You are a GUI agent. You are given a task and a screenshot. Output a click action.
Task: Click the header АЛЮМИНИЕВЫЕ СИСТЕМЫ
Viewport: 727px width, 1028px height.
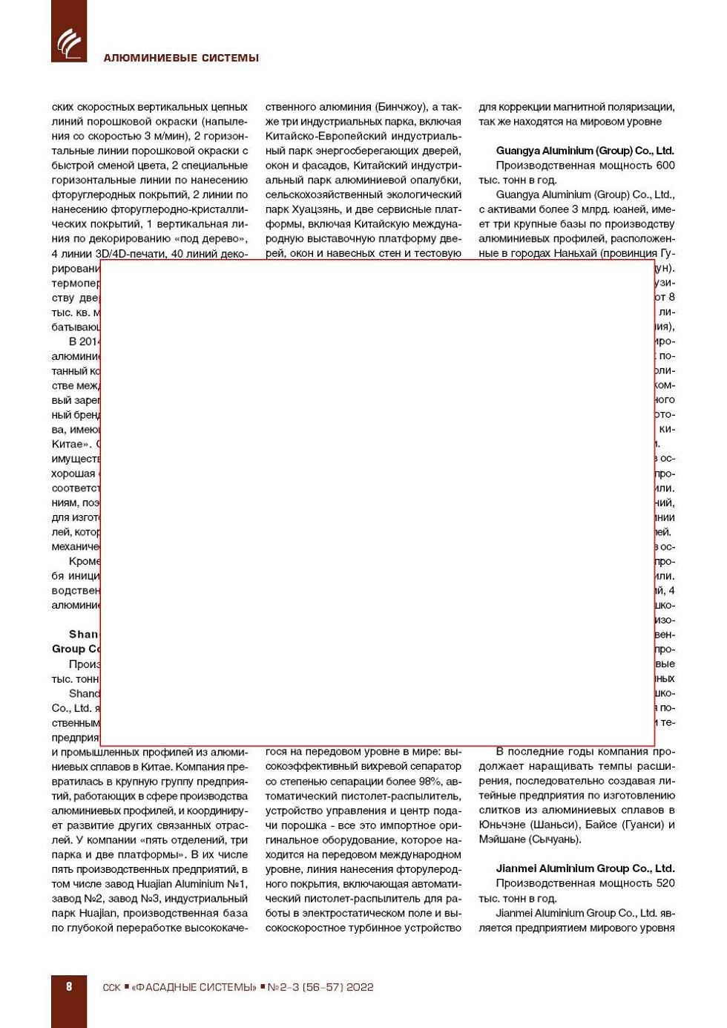point(181,58)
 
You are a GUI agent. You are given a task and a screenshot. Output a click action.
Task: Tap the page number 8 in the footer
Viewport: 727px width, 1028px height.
point(69,986)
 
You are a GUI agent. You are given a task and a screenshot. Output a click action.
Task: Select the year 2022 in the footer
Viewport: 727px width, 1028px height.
point(360,987)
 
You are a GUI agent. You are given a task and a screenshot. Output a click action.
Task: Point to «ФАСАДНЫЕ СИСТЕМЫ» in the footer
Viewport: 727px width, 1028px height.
point(194,987)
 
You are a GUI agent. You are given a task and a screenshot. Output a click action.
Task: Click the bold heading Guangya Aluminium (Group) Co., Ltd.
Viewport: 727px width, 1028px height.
point(585,151)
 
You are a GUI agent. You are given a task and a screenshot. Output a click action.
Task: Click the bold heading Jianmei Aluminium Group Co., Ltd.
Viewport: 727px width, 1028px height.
point(585,868)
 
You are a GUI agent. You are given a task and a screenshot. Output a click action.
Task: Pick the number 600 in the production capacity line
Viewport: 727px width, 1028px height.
point(665,166)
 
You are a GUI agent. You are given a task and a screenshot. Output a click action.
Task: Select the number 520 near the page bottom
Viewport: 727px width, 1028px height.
point(665,883)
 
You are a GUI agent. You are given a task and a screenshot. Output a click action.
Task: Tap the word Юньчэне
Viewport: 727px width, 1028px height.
point(501,825)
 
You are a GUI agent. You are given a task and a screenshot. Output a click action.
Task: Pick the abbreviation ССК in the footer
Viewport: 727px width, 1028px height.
point(111,987)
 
